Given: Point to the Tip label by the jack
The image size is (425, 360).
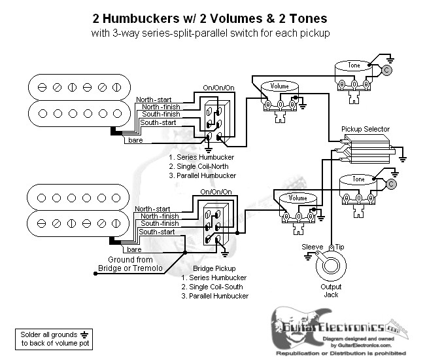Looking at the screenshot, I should tap(340, 247).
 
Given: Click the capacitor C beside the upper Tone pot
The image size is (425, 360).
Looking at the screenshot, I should tap(387, 69).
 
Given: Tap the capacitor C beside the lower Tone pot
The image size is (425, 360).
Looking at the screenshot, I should tap(391, 184).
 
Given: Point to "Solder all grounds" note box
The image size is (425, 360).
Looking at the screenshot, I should tap(50, 338).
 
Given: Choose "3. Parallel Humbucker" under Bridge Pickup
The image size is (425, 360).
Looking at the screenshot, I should tap(215, 297).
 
